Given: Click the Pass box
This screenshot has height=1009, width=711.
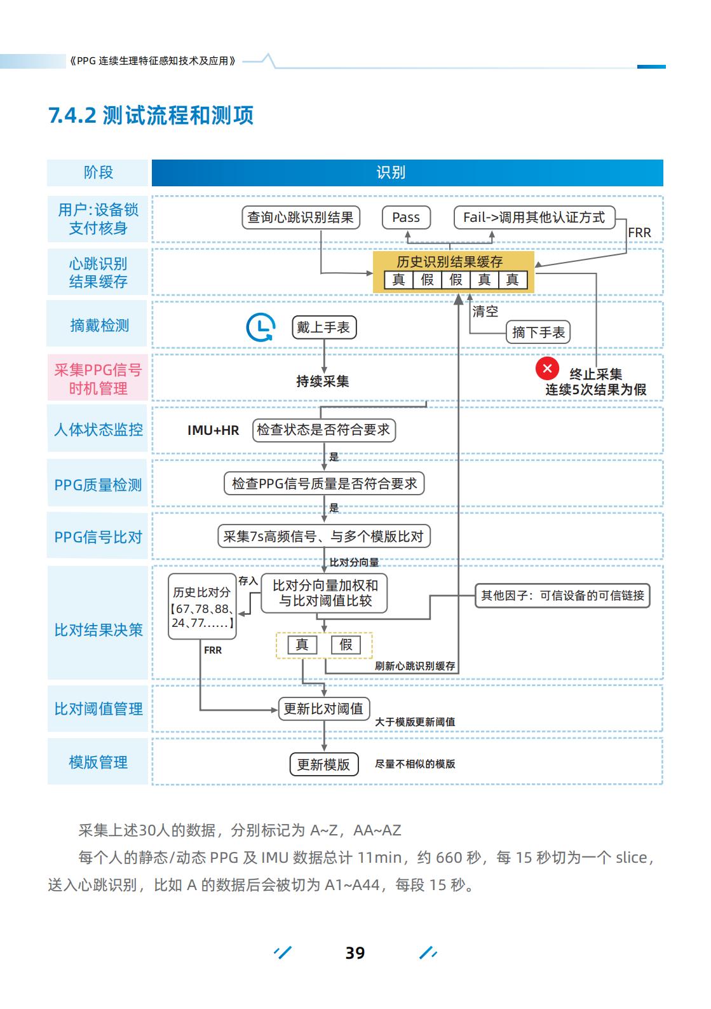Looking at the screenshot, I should (406, 217).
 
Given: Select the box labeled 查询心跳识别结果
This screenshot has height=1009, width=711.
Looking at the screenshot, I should (301, 217).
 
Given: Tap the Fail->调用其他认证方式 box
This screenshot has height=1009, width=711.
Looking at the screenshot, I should (534, 217).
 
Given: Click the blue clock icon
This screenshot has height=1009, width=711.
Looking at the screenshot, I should (261, 328).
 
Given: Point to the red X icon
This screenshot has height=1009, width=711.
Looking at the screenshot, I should (547, 368).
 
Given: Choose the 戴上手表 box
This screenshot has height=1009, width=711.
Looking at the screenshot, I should (323, 327).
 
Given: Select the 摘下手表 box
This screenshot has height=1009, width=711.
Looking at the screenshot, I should (538, 333).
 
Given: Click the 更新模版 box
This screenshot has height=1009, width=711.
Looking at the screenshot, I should (323, 764).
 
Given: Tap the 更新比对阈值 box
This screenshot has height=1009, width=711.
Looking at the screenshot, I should (323, 709).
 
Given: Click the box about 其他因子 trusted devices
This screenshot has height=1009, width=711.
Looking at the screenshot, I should (562, 596).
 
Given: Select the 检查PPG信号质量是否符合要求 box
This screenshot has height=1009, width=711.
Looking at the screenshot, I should (324, 484).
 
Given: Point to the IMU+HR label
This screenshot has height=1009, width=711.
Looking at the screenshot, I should (213, 430).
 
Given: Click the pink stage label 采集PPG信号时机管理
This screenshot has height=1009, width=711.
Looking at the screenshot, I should (98, 379).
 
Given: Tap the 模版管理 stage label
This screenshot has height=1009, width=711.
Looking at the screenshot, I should (98, 762).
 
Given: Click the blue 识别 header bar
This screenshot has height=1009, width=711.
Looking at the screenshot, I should (407, 173).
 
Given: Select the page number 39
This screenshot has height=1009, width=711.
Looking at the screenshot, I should (355, 952).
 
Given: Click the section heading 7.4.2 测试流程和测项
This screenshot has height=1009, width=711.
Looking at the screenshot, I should (151, 116).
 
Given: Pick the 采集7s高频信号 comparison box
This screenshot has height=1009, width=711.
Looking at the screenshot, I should (323, 537).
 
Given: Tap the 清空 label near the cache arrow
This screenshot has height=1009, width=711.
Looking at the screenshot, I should (485, 312).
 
